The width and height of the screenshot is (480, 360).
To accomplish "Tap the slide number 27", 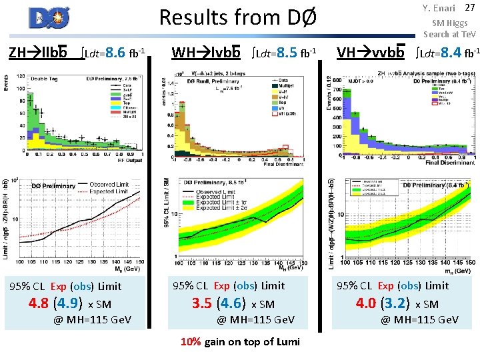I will (469, 8).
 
